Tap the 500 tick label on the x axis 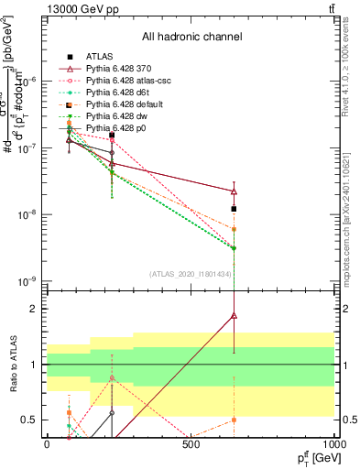191,444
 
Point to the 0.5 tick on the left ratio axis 29,420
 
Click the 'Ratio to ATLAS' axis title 11,365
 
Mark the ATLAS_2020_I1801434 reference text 191,275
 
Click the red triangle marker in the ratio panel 234,315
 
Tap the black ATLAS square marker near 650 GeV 234,209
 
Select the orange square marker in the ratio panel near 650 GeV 234,420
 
